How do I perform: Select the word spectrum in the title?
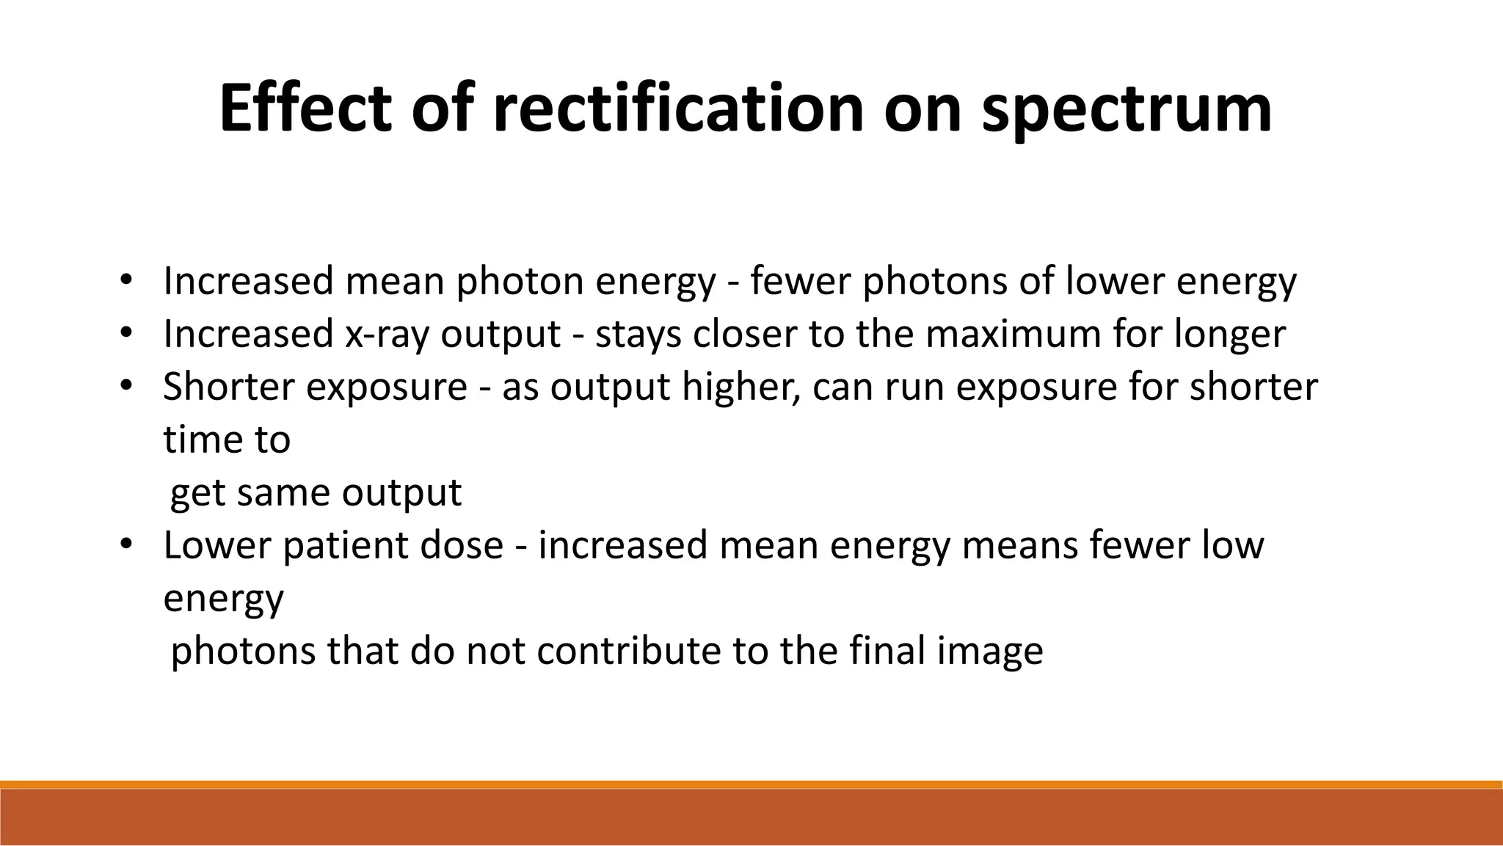coord(1127,112)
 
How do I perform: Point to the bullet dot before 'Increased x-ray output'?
coord(126,333)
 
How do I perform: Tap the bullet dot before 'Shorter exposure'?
coord(126,386)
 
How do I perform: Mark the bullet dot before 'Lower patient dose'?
coord(126,544)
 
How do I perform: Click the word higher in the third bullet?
coord(740,387)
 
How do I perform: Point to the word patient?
coord(333,546)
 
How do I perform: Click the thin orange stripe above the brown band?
coord(751,784)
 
